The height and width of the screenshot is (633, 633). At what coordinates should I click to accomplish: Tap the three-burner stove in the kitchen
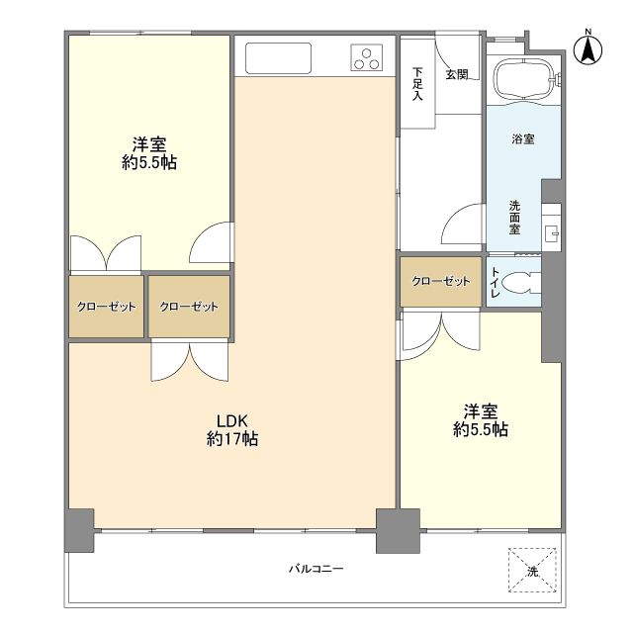tap(366, 58)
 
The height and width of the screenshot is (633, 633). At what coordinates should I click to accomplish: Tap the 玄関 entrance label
tap(456, 74)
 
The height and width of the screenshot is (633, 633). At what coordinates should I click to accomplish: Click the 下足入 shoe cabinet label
tap(417, 83)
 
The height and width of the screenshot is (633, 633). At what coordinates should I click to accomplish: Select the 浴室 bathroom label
tap(523, 138)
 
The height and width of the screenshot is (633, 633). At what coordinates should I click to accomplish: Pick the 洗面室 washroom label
tap(515, 218)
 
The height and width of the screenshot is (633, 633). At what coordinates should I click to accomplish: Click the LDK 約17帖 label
tap(232, 428)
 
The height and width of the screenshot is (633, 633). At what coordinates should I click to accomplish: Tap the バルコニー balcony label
tap(316, 569)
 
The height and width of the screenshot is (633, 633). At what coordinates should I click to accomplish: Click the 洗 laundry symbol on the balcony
tap(531, 571)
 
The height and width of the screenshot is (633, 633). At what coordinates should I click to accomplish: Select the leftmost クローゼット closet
tap(106, 306)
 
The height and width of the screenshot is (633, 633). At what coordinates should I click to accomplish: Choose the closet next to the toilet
tap(441, 281)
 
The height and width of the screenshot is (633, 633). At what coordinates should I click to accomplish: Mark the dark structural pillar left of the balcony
tap(79, 530)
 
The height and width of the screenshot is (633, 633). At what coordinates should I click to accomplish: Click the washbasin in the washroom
tap(551, 233)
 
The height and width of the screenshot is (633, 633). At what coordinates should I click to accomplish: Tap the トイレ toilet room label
tap(495, 282)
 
